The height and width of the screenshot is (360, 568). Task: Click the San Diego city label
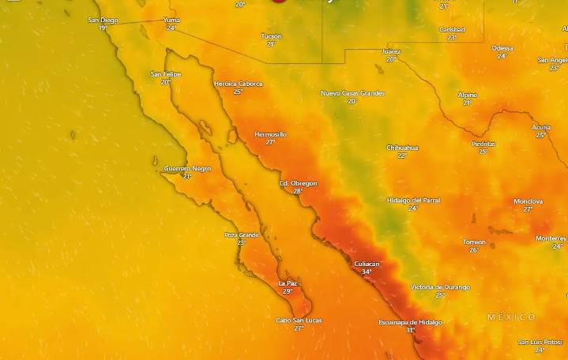click(103, 20)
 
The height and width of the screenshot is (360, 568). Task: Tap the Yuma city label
click(171, 20)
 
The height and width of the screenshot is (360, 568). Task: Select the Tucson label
click(271, 36)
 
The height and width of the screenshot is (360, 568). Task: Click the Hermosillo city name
click(270, 134)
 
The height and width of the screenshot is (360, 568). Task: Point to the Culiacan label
click(367, 264)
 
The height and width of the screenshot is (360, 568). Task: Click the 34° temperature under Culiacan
click(367, 272)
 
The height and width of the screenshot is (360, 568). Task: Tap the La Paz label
click(288, 283)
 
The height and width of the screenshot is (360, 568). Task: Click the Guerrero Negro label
click(187, 168)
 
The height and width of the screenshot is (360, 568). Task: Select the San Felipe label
click(166, 73)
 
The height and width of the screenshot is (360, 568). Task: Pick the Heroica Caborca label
click(238, 83)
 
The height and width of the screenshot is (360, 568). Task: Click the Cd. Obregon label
click(298, 183)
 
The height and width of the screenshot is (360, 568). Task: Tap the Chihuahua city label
click(402, 148)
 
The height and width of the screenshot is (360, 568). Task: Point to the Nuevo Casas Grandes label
click(352, 93)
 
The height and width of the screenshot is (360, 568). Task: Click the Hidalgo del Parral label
click(413, 200)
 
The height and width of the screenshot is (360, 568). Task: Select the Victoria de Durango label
click(440, 287)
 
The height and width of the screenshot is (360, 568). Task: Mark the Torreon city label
click(474, 242)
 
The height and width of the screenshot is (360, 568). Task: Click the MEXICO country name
click(511, 317)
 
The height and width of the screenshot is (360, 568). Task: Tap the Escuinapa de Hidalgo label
click(410, 322)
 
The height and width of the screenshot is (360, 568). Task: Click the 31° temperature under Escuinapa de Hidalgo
click(411, 330)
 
